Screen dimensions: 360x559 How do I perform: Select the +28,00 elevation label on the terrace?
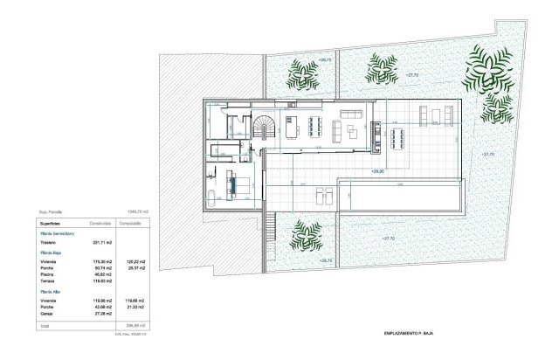click(x=378, y=172)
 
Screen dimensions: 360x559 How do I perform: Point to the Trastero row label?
click(x=50, y=243)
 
